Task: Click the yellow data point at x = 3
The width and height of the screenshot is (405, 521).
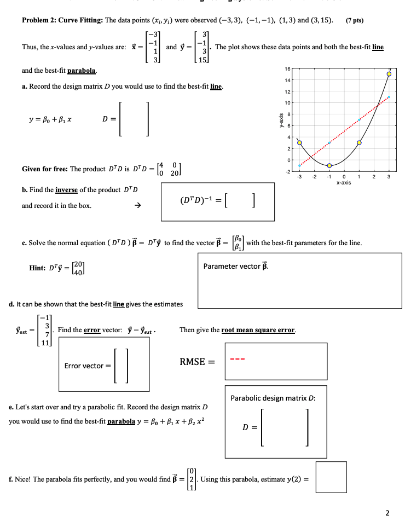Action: point(389,73)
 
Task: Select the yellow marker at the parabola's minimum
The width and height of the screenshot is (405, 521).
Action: point(329,165)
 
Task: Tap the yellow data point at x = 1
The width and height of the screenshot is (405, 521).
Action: point(360,142)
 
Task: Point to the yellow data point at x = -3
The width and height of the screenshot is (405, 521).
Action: point(299,142)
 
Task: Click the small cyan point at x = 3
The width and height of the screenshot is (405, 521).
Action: point(389,97)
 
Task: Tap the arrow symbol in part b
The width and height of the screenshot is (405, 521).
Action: point(138,206)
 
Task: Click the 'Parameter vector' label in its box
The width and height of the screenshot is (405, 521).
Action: point(236,267)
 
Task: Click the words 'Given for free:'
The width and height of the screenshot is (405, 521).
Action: point(44,169)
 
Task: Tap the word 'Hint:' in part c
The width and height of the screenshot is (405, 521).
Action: point(38,268)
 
